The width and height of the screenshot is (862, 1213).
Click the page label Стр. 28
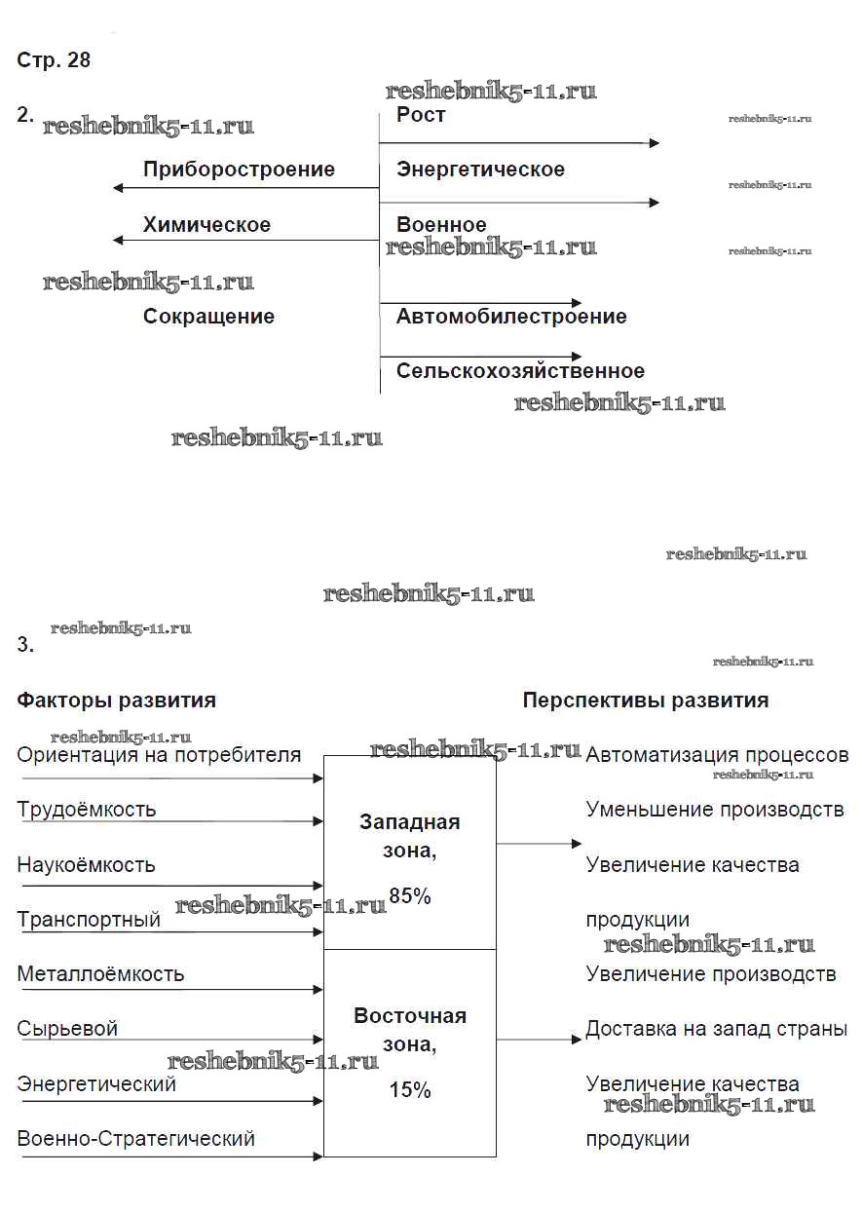point(54,60)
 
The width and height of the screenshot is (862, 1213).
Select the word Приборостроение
point(239,170)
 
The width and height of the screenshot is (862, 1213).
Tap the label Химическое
point(206,225)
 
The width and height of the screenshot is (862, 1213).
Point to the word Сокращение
point(208,317)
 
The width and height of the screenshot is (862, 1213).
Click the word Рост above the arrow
point(421,115)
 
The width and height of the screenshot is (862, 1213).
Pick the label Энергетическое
point(480,170)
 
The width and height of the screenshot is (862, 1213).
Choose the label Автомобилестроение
point(511,317)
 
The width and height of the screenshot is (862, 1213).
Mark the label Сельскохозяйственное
point(520,371)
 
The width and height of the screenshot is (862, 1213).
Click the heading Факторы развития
point(117,701)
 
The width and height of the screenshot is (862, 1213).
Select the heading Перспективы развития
point(646,701)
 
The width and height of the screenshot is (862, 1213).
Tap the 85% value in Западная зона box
point(409,896)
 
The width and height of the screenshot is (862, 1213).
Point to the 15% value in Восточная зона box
point(409,1090)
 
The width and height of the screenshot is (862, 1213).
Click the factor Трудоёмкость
point(87,810)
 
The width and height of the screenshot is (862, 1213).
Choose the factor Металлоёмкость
point(100,974)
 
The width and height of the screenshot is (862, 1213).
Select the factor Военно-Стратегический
point(136,1138)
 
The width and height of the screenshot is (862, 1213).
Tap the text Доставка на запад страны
point(716,1029)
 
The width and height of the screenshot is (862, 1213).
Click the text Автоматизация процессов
point(717,755)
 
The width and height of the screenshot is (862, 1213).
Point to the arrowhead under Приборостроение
point(118,188)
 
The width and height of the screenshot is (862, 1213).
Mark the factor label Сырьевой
point(67,1029)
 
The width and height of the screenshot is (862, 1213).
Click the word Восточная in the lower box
point(410,1016)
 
